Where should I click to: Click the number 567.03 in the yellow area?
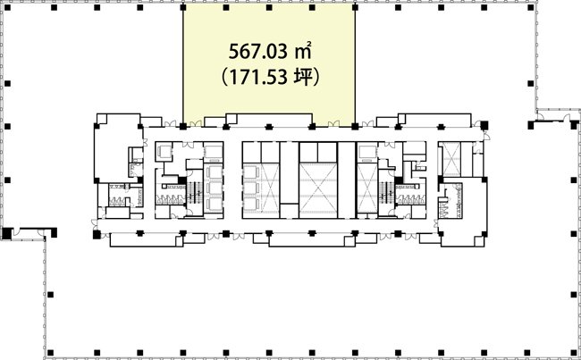(257, 52)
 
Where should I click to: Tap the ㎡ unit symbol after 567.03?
(302, 52)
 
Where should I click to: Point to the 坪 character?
(303, 78)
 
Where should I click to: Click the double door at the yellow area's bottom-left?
(196, 123)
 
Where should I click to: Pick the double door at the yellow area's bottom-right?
(333, 123)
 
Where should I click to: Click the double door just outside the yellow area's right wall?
(367, 123)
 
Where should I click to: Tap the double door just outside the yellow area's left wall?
(171, 123)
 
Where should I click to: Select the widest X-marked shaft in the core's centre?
(318, 190)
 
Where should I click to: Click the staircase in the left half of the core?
(195, 193)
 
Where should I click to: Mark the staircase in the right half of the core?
(386, 193)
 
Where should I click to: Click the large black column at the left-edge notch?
(6, 233)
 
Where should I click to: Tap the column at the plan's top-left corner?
(7, 7)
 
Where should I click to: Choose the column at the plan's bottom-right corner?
(573, 352)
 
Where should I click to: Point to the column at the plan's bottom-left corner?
(50, 352)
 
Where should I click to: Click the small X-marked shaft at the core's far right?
(451, 159)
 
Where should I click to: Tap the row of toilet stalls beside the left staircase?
(170, 199)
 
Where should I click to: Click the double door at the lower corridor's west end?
(95, 224)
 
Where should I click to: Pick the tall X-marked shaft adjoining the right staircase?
(366, 188)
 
